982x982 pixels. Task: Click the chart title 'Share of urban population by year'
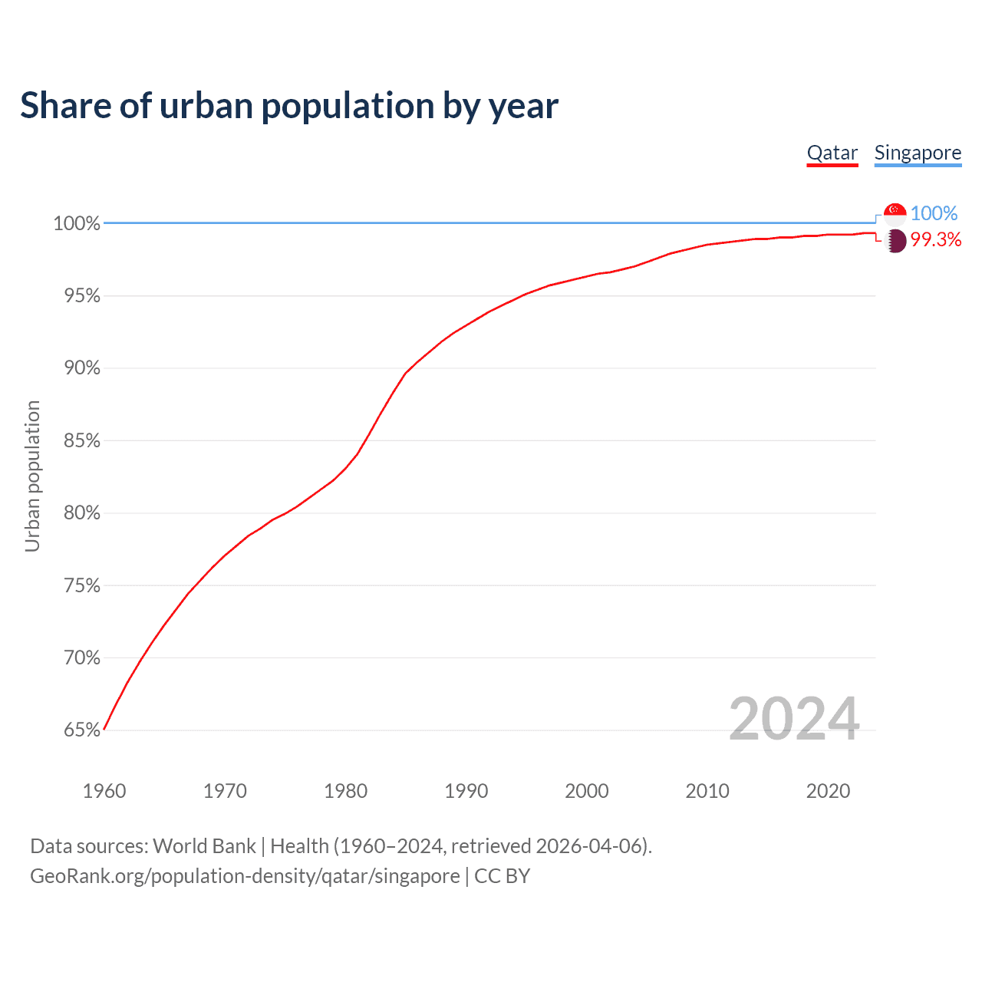[x=289, y=106]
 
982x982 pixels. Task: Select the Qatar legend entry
[x=832, y=153]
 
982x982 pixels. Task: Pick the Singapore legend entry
[x=918, y=153]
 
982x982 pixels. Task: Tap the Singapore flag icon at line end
[x=895, y=213]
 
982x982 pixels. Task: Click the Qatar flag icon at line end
[x=895, y=241]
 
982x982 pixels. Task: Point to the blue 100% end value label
[x=934, y=213]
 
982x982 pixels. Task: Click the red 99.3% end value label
[x=936, y=240]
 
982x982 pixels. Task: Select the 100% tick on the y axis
[x=77, y=224]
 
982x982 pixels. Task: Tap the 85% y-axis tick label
[x=82, y=441]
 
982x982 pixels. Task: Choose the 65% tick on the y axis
[x=82, y=730]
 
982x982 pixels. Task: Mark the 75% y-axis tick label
[x=82, y=586]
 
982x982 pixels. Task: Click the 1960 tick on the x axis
[x=104, y=791]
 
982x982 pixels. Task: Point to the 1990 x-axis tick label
[x=466, y=791]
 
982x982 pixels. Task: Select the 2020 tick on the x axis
[x=829, y=791]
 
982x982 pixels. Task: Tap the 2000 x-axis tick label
[x=587, y=791]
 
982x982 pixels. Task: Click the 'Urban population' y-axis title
[x=32, y=476]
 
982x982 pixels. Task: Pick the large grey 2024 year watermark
[x=794, y=719]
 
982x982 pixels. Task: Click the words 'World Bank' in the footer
[x=204, y=846]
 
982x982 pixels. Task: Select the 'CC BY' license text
[x=503, y=876]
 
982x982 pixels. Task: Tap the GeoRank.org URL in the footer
[x=245, y=876]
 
